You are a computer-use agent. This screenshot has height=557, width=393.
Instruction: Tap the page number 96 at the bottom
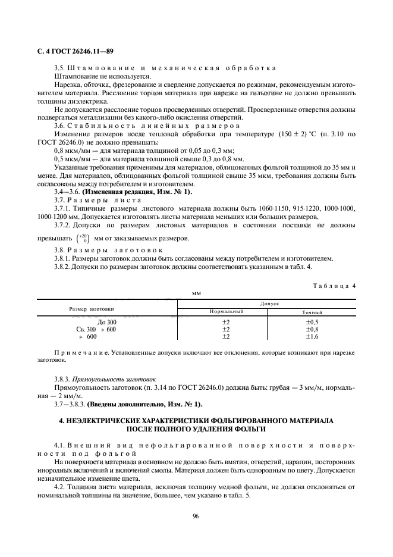click(x=196, y=515)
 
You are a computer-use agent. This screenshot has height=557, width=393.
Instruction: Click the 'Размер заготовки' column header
click(x=92, y=309)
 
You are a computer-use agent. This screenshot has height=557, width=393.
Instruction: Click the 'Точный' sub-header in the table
click(x=312, y=312)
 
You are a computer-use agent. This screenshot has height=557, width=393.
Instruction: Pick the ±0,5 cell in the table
click(x=312, y=321)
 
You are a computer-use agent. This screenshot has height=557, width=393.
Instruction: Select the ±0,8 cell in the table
click(x=312, y=329)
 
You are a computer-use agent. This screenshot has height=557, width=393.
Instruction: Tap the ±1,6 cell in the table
click(x=312, y=337)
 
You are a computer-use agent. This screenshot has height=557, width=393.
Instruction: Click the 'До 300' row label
click(x=107, y=321)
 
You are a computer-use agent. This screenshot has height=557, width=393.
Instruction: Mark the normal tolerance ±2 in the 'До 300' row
click(x=226, y=321)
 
